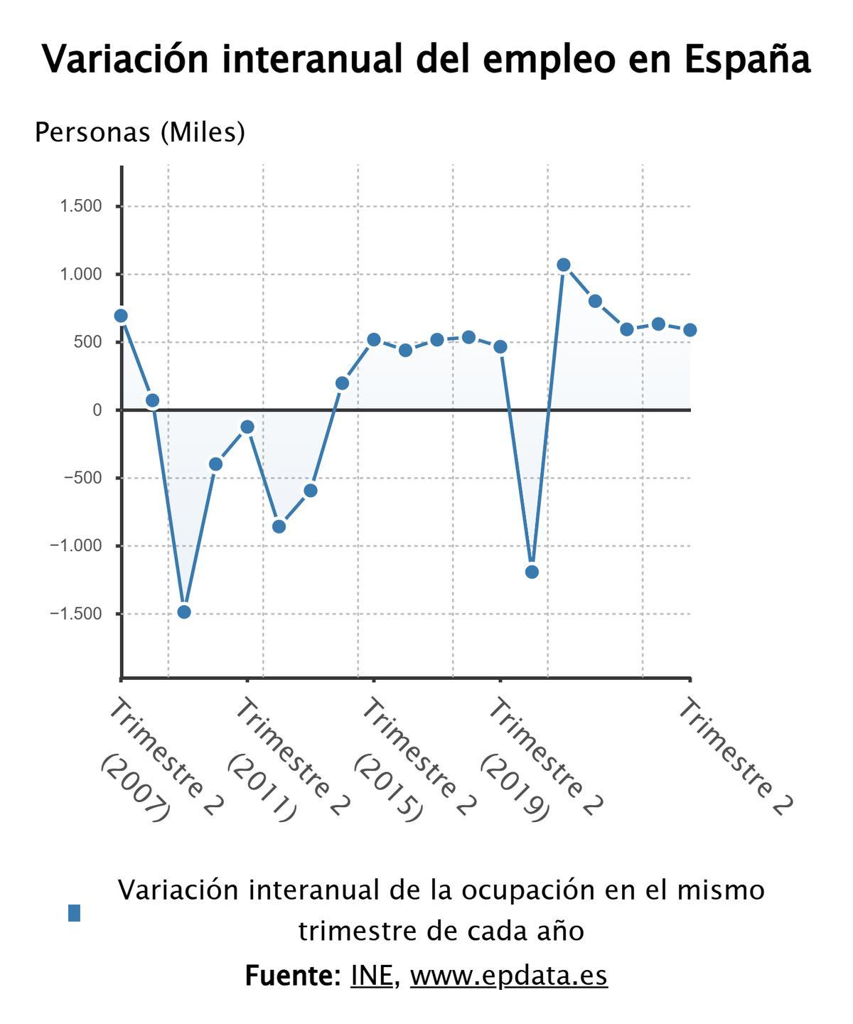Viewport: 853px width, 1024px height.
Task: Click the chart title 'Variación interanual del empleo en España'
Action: click(x=426, y=59)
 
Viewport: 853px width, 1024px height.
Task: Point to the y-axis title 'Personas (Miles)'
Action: click(x=140, y=132)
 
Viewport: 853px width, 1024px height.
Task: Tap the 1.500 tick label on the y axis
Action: click(x=81, y=206)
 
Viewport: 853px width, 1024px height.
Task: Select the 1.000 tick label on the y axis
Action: click(x=81, y=274)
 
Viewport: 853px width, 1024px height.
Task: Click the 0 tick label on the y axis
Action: click(x=97, y=410)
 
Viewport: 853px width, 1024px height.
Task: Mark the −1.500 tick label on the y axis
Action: click(x=76, y=614)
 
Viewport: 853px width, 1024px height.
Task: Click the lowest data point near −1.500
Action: click(x=184, y=612)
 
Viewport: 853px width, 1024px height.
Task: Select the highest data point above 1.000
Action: click(x=564, y=265)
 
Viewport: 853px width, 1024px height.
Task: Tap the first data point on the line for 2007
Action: click(x=121, y=316)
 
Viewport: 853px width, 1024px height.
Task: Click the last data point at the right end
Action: click(x=690, y=330)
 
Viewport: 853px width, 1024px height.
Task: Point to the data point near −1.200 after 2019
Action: click(x=532, y=572)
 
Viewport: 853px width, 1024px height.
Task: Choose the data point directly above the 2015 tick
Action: click(x=374, y=340)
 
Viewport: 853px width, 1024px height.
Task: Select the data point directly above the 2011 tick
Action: click(x=247, y=427)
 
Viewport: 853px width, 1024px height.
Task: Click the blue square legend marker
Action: click(x=75, y=913)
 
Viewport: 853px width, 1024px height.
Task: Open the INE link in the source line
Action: click(x=372, y=976)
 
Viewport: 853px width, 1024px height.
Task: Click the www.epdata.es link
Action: click(x=509, y=976)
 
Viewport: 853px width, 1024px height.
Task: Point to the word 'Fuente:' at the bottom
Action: click(x=293, y=976)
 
